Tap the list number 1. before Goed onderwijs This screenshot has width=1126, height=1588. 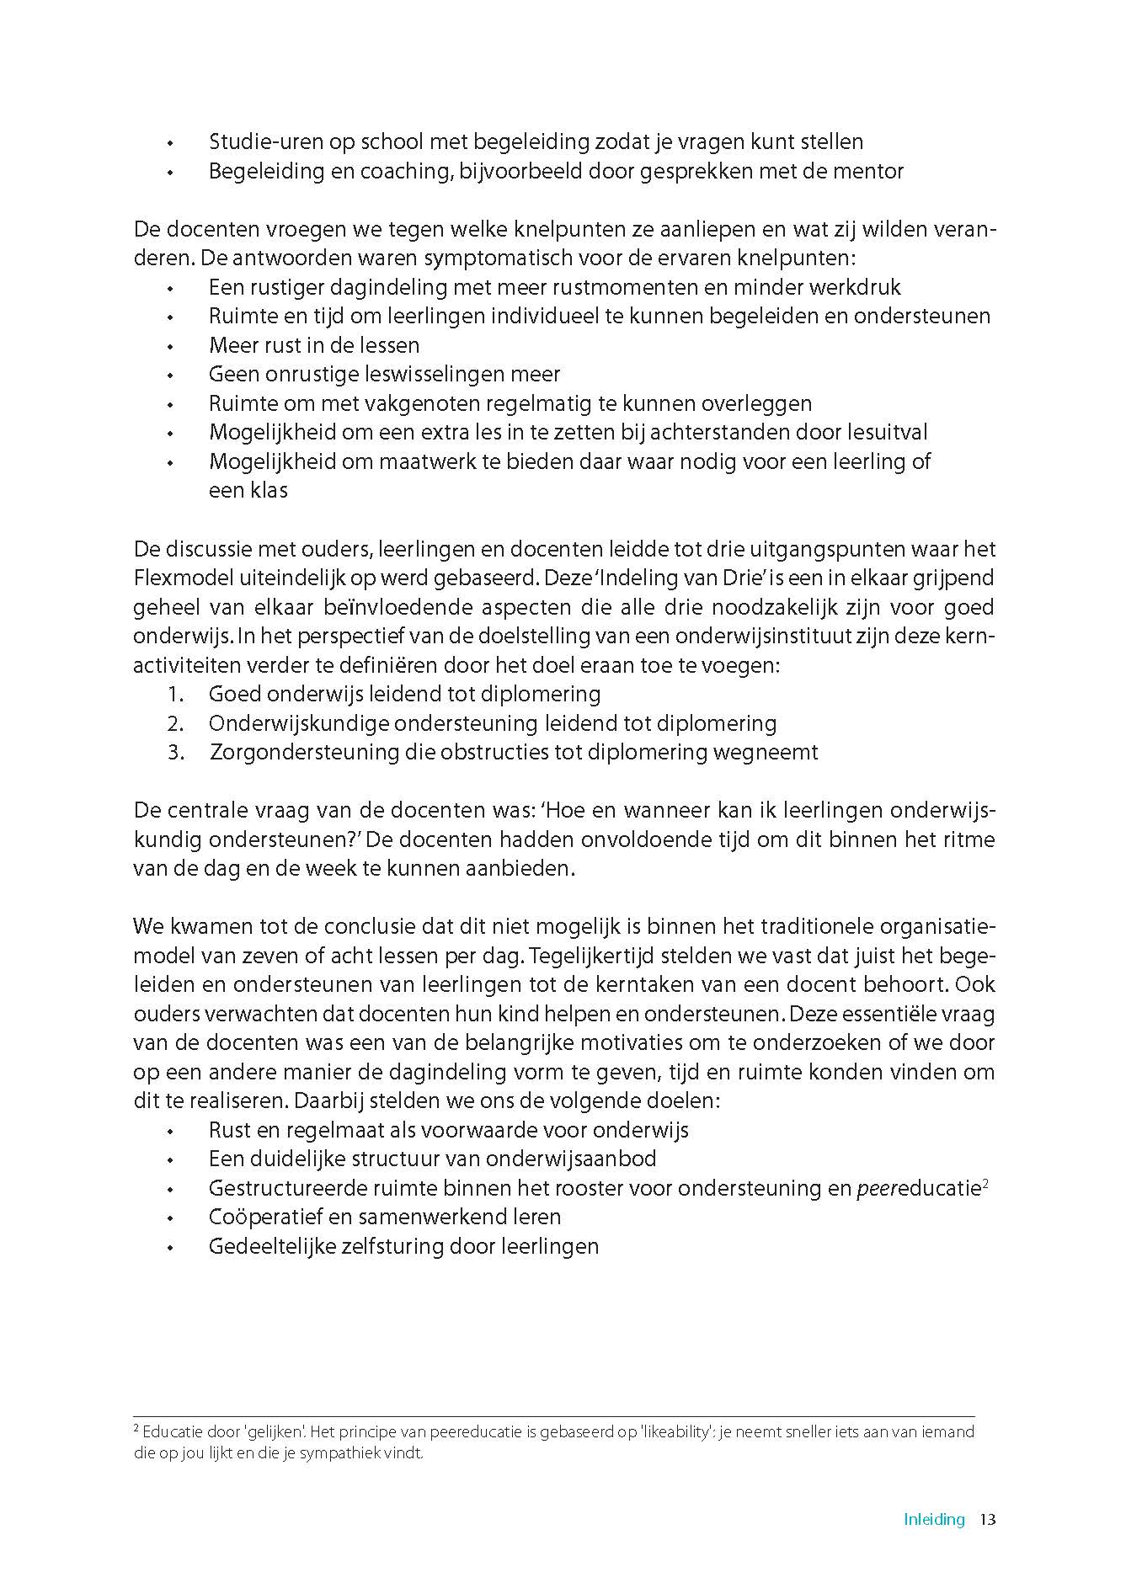click(x=175, y=695)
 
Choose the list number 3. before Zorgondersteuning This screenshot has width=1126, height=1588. click(x=175, y=753)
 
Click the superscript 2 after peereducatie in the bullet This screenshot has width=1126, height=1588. click(x=985, y=1183)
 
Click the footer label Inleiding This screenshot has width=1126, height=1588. click(x=934, y=1520)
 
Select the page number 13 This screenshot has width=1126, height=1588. click(x=988, y=1520)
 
